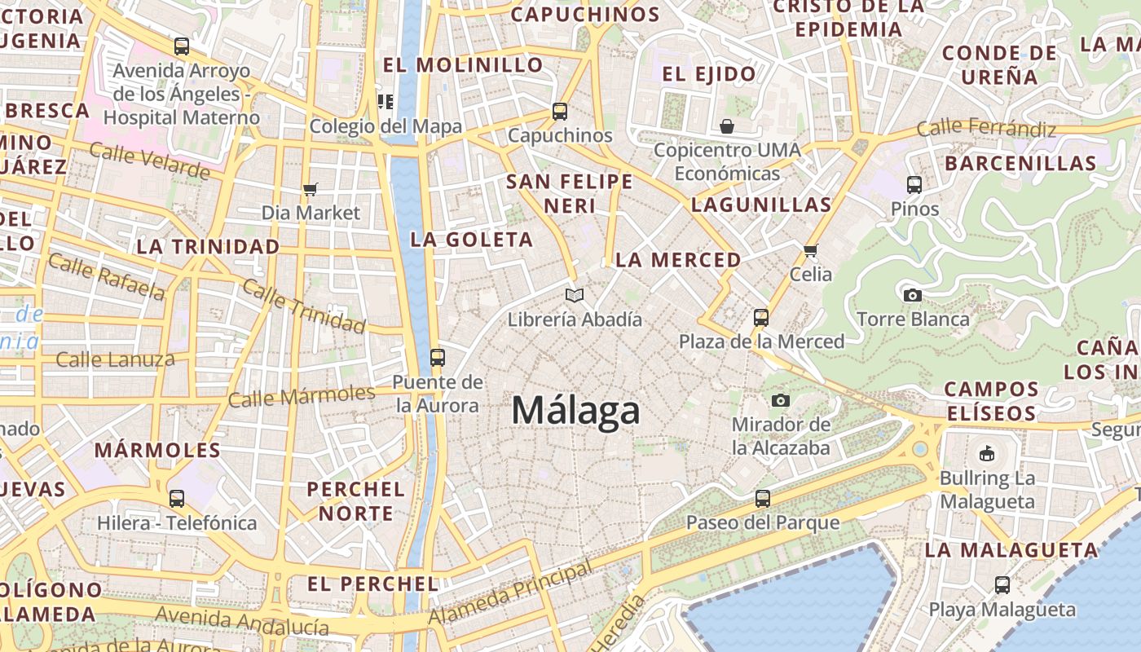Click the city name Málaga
click(x=575, y=410)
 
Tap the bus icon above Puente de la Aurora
click(x=438, y=357)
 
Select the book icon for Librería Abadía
click(x=575, y=295)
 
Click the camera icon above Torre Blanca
click(x=913, y=295)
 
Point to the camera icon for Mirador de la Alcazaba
click(x=781, y=400)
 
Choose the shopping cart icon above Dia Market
click(x=310, y=189)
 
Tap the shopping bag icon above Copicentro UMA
click(x=727, y=126)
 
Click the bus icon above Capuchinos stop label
click(x=559, y=112)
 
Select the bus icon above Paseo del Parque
click(x=762, y=498)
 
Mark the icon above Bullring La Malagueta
click(x=987, y=453)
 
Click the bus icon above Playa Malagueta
click(x=1002, y=584)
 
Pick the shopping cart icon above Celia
click(x=810, y=250)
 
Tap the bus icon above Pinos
click(x=914, y=184)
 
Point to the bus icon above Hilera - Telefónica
click(x=177, y=498)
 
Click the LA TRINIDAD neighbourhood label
click(x=208, y=246)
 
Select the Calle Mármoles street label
click(x=302, y=396)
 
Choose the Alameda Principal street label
click(x=511, y=593)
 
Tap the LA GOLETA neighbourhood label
click(x=472, y=240)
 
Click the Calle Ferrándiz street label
click(x=986, y=128)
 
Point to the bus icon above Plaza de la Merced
click(x=761, y=317)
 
